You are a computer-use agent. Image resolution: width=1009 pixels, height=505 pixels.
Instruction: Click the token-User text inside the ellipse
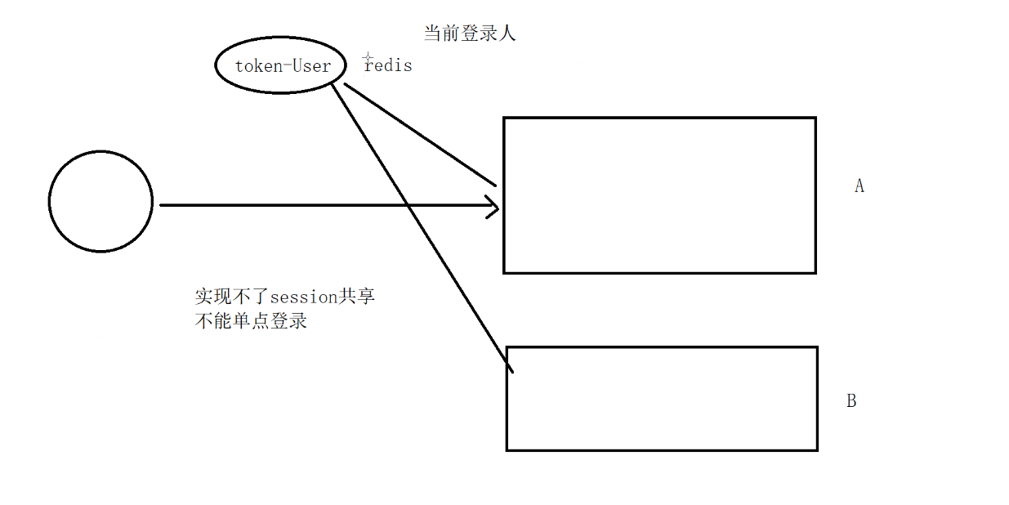(283, 66)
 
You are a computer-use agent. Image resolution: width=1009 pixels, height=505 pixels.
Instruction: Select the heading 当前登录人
(470, 34)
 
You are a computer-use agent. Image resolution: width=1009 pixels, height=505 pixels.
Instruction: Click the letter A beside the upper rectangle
(859, 186)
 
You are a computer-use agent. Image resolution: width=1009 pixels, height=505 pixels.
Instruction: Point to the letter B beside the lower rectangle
(851, 401)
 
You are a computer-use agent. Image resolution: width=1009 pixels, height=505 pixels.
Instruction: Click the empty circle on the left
(100, 201)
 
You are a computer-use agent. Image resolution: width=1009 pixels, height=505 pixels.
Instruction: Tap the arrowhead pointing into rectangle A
(494, 207)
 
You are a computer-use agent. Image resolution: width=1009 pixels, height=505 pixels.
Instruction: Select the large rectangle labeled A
(659, 195)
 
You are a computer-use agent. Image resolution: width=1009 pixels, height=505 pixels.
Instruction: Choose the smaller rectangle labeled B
(662, 399)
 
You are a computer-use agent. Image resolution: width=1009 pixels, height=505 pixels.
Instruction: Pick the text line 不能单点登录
(251, 321)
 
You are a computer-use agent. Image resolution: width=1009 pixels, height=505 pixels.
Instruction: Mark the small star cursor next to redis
(368, 56)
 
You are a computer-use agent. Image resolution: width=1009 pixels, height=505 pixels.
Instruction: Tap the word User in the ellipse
(312, 66)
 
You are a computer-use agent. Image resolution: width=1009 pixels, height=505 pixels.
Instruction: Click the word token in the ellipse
(257, 66)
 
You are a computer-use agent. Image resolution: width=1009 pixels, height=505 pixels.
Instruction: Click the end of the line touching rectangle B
(511, 373)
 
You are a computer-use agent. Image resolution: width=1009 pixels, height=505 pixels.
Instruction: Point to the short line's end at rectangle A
(495, 185)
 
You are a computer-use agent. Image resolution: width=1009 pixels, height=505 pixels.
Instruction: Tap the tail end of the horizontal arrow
(161, 206)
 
